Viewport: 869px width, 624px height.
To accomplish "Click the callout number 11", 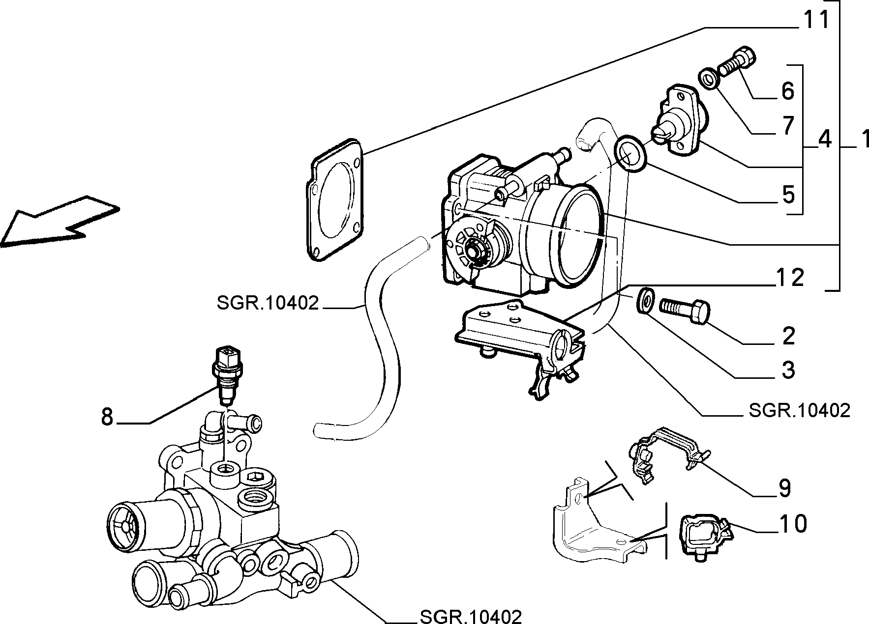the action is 816,19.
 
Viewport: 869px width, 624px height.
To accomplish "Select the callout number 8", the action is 107,417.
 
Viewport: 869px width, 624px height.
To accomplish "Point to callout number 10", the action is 793,524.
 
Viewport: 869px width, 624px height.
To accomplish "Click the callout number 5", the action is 788,195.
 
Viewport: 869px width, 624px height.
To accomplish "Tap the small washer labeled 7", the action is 707,80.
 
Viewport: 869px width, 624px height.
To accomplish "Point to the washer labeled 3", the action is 644,300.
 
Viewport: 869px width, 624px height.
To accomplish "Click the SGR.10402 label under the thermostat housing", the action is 471,616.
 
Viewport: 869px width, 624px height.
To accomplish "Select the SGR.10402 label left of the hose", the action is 268,303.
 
